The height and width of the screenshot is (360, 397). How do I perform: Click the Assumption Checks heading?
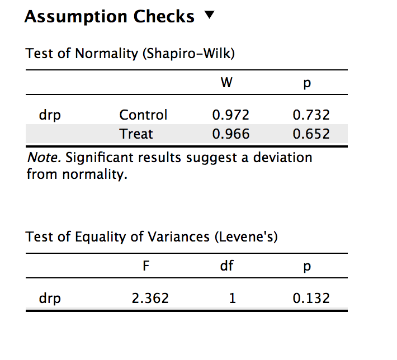(x=110, y=17)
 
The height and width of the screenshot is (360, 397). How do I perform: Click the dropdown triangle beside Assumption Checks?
(x=209, y=16)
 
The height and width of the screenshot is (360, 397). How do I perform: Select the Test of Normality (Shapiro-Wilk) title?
(x=130, y=54)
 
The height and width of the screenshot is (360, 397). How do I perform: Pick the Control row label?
(x=143, y=115)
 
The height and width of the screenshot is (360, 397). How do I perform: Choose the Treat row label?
(x=136, y=134)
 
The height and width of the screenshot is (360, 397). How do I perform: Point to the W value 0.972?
(x=230, y=115)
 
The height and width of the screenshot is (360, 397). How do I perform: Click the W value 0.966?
(x=230, y=134)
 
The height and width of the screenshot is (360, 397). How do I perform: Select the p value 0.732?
(x=311, y=115)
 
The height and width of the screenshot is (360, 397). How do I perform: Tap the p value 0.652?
(x=311, y=134)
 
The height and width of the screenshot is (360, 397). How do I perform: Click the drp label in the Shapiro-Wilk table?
(x=50, y=116)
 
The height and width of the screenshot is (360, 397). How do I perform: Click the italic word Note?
(x=44, y=158)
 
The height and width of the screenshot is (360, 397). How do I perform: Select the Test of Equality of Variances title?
(x=152, y=237)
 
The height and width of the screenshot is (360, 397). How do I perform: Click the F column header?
(x=146, y=266)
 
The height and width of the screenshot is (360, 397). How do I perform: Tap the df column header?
(x=226, y=266)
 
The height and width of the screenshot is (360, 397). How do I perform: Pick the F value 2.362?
(x=150, y=299)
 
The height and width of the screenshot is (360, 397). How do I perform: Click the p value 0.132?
(x=311, y=299)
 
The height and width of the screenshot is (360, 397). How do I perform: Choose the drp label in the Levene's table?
(x=50, y=299)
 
